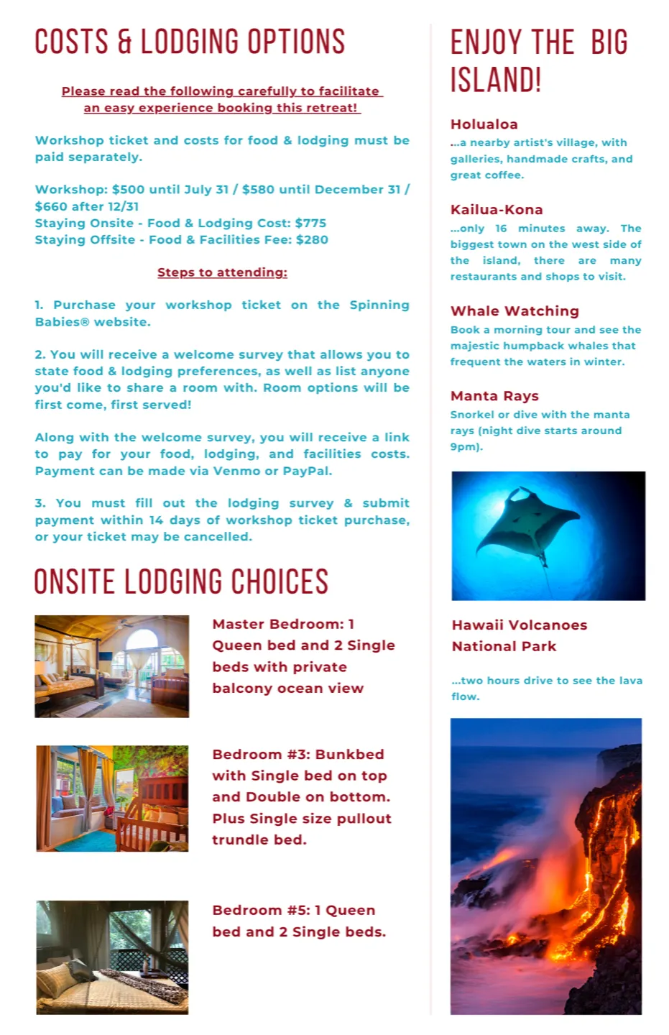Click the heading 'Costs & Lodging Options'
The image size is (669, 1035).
click(x=190, y=42)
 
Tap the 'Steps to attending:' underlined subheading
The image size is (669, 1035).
click(x=222, y=272)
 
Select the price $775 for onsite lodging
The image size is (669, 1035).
click(x=310, y=223)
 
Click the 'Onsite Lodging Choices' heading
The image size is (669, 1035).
click(x=181, y=582)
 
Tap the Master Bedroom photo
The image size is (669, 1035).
click(x=112, y=666)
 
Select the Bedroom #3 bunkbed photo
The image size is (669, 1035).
click(x=112, y=799)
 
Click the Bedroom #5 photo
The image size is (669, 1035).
click(x=112, y=957)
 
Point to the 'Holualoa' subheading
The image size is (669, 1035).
click(x=484, y=124)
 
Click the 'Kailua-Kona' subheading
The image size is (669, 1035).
click(x=497, y=210)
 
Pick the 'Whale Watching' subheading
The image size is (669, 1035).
click(x=515, y=311)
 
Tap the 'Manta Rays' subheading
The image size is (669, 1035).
click(x=494, y=396)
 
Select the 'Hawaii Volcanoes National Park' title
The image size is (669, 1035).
click(x=519, y=635)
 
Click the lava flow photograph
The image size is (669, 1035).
click(x=546, y=866)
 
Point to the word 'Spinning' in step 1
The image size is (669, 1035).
click(x=379, y=305)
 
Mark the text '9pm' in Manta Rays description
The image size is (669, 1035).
click(x=463, y=446)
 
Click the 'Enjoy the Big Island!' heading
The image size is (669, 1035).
click(x=539, y=60)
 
